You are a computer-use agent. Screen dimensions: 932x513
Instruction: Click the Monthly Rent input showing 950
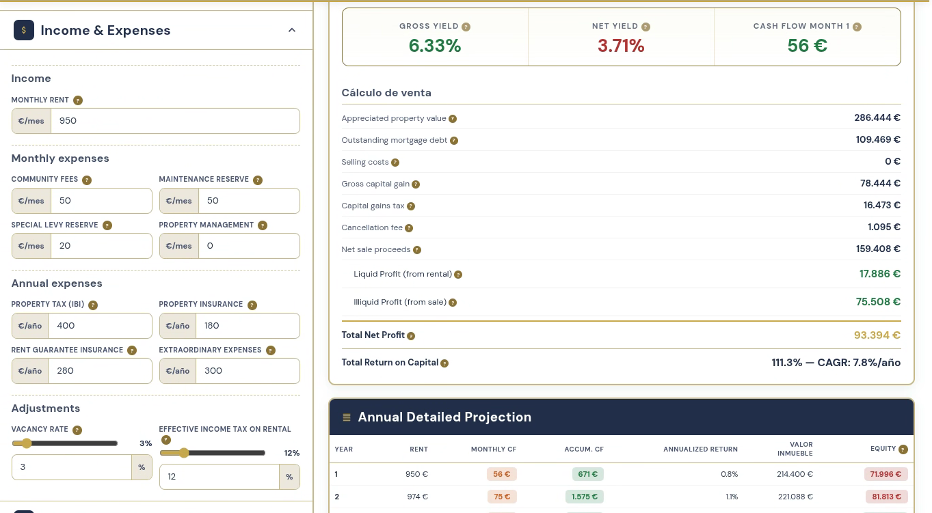click(175, 121)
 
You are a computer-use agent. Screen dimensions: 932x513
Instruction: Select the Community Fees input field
click(101, 201)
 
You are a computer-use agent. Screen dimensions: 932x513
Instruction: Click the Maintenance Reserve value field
click(249, 201)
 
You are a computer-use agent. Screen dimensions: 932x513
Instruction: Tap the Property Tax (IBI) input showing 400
click(100, 326)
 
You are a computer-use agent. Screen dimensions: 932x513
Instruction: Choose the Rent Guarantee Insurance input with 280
click(100, 371)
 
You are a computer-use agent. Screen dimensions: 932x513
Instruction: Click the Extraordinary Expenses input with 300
click(248, 371)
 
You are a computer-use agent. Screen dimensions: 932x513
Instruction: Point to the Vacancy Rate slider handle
click(27, 443)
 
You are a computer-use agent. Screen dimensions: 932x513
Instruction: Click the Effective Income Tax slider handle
click(184, 453)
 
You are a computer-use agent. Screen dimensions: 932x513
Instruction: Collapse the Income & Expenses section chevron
click(292, 30)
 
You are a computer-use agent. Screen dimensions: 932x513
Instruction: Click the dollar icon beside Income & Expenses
click(24, 30)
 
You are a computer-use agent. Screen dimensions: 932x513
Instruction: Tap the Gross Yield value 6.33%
click(435, 46)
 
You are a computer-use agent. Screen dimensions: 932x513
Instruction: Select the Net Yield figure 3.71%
click(621, 46)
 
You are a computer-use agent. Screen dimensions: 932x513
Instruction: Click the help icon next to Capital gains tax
click(411, 206)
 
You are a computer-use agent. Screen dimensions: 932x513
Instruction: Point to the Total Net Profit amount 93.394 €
click(877, 335)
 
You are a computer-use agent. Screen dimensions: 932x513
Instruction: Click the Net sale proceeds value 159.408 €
click(878, 249)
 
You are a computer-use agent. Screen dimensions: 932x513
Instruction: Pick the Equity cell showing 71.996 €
click(886, 474)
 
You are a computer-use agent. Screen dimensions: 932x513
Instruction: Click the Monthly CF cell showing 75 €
click(502, 497)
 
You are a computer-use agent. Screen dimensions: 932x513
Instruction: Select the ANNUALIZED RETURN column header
click(700, 449)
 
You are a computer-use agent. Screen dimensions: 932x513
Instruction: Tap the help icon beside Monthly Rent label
click(78, 100)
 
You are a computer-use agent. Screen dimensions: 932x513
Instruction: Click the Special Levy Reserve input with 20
click(101, 246)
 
